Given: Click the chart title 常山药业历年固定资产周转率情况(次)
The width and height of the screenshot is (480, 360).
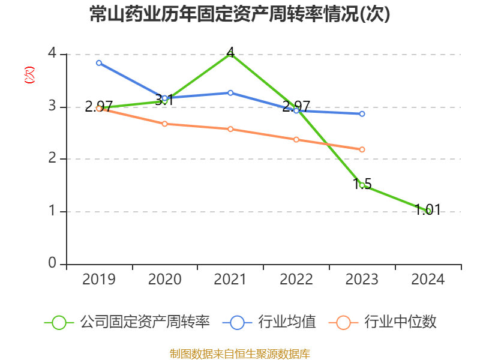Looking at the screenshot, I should click(239, 14).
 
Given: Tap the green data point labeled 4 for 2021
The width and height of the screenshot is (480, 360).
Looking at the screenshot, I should click(230, 54).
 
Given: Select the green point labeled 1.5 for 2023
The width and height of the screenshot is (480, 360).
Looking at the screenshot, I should click(362, 185).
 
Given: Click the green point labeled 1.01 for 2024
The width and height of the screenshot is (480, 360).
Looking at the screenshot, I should click(428, 211).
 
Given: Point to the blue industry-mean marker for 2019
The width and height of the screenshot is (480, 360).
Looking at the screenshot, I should click(99, 62).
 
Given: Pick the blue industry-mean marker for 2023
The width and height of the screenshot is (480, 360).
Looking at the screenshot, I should click(362, 113).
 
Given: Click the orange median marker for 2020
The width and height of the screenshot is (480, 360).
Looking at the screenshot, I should click(165, 124).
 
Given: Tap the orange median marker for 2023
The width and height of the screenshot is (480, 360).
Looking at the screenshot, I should click(362, 149).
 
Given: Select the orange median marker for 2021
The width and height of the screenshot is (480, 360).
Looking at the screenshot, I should click(230, 129).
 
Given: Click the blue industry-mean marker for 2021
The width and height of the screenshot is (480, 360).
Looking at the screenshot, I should click(230, 92).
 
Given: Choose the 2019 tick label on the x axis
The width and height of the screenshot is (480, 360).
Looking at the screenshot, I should click(99, 279).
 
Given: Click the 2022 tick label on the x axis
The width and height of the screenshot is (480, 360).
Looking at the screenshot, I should click(296, 279).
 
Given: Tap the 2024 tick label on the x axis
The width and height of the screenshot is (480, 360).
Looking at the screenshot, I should click(428, 279).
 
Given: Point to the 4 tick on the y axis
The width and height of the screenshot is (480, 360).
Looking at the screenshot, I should click(52, 54).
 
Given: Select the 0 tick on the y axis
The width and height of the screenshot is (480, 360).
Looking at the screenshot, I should click(52, 263).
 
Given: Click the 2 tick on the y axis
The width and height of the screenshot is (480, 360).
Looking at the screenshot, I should click(52, 159).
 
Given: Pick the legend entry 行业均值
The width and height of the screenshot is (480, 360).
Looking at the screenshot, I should click(270, 322).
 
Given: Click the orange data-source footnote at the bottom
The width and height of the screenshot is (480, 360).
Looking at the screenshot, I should click(239, 353).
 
